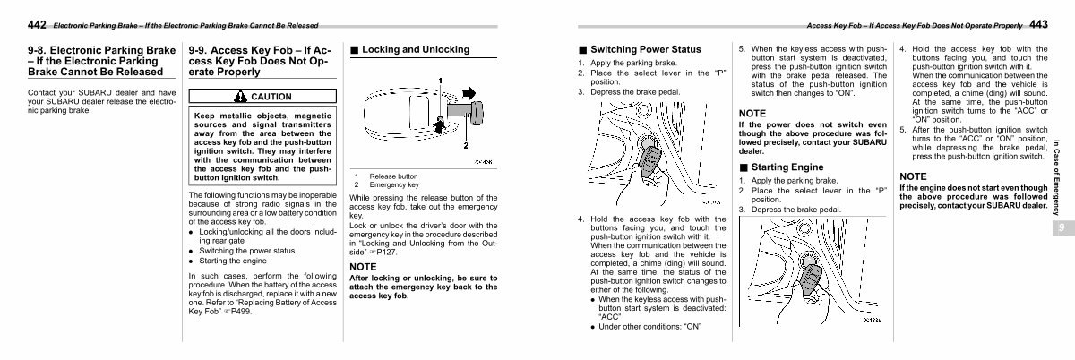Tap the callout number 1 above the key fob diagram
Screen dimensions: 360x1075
[x=440, y=81]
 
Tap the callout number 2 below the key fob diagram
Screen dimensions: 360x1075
[x=466, y=144]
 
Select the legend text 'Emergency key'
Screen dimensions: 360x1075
[x=389, y=184]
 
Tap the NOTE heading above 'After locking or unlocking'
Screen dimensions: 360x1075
[x=362, y=267]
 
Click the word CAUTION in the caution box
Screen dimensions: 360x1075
[x=271, y=96]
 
